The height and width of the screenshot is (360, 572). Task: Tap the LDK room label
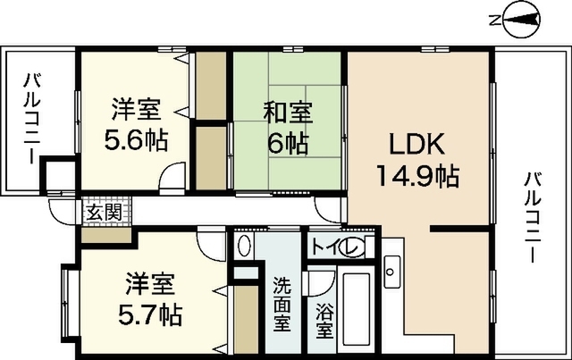(x=417, y=145)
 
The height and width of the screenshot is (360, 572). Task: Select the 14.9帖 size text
(x=417, y=176)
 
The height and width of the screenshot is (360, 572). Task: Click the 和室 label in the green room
(x=288, y=113)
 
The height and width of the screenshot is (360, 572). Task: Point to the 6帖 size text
(x=288, y=144)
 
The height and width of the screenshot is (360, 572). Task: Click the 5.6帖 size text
(x=136, y=140)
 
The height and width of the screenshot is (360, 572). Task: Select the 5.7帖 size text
(x=150, y=314)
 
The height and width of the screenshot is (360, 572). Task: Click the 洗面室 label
(x=282, y=304)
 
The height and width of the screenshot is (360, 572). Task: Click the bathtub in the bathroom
(x=356, y=309)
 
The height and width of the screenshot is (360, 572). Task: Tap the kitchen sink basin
(x=391, y=272)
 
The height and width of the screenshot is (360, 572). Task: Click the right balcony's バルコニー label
(x=533, y=217)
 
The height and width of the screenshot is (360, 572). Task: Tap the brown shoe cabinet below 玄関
(x=105, y=236)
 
